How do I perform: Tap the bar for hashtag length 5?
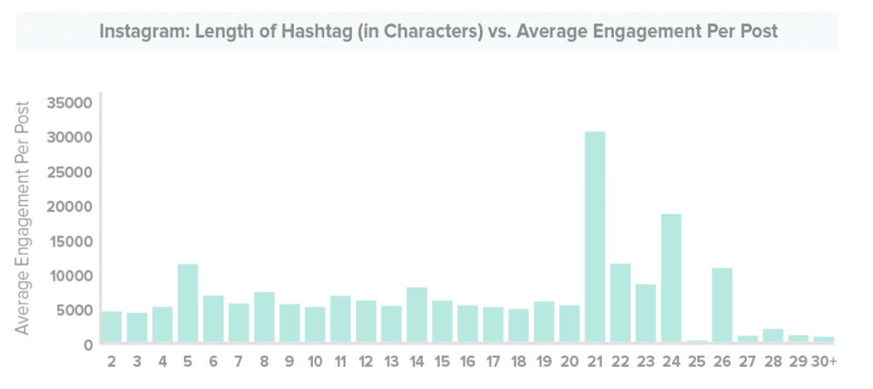[188, 304]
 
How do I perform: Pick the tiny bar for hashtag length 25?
[697, 341]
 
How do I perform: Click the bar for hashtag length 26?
[722, 305]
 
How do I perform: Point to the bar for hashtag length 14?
[417, 315]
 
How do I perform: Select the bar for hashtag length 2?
[112, 327]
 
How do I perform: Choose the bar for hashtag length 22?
[621, 304]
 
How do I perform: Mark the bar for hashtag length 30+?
[824, 340]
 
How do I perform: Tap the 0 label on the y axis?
[88, 345]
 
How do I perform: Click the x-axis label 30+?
[824, 362]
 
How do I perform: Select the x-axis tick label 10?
[315, 362]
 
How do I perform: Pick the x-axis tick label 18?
[518, 362]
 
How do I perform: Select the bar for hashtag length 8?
[264, 317]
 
